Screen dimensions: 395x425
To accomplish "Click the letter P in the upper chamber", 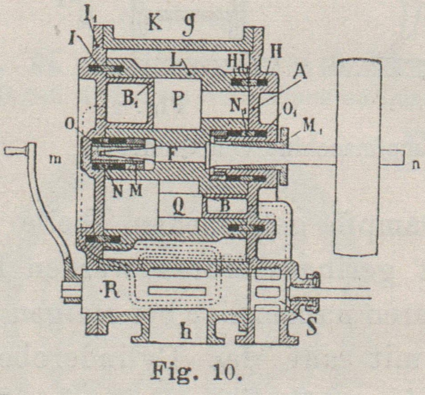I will click(x=178, y=99).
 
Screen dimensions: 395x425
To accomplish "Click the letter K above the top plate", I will click(x=155, y=22).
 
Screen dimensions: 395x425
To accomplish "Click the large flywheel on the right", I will click(x=357, y=157).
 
